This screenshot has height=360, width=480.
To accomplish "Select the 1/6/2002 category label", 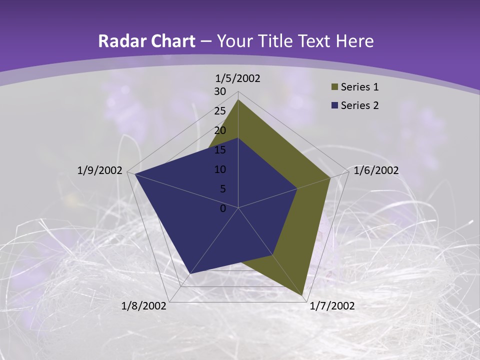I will click(376, 170).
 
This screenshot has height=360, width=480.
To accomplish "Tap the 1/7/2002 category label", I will click(332, 306).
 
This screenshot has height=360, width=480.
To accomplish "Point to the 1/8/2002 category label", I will click(144, 306).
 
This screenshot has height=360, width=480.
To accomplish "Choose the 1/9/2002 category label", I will click(99, 170).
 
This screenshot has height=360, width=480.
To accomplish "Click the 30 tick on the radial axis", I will click(220, 91).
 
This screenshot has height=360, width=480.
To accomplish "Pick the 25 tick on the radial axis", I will click(220, 111).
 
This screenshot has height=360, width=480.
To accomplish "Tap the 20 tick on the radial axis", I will click(220, 130).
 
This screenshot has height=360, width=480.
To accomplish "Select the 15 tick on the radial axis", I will click(220, 150).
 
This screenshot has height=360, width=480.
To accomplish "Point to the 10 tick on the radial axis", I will click(220, 169).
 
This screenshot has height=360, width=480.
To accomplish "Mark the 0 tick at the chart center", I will click(223, 208).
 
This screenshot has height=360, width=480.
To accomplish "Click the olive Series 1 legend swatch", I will click(335, 87).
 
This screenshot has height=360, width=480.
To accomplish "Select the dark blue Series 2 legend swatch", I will click(335, 105).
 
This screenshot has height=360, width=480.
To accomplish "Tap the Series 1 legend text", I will click(359, 87).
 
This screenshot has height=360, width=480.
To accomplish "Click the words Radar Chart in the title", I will click(146, 41).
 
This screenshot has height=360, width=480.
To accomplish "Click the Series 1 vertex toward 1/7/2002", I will click(303, 296).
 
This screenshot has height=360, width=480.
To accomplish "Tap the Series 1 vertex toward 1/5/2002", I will click(238, 99).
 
